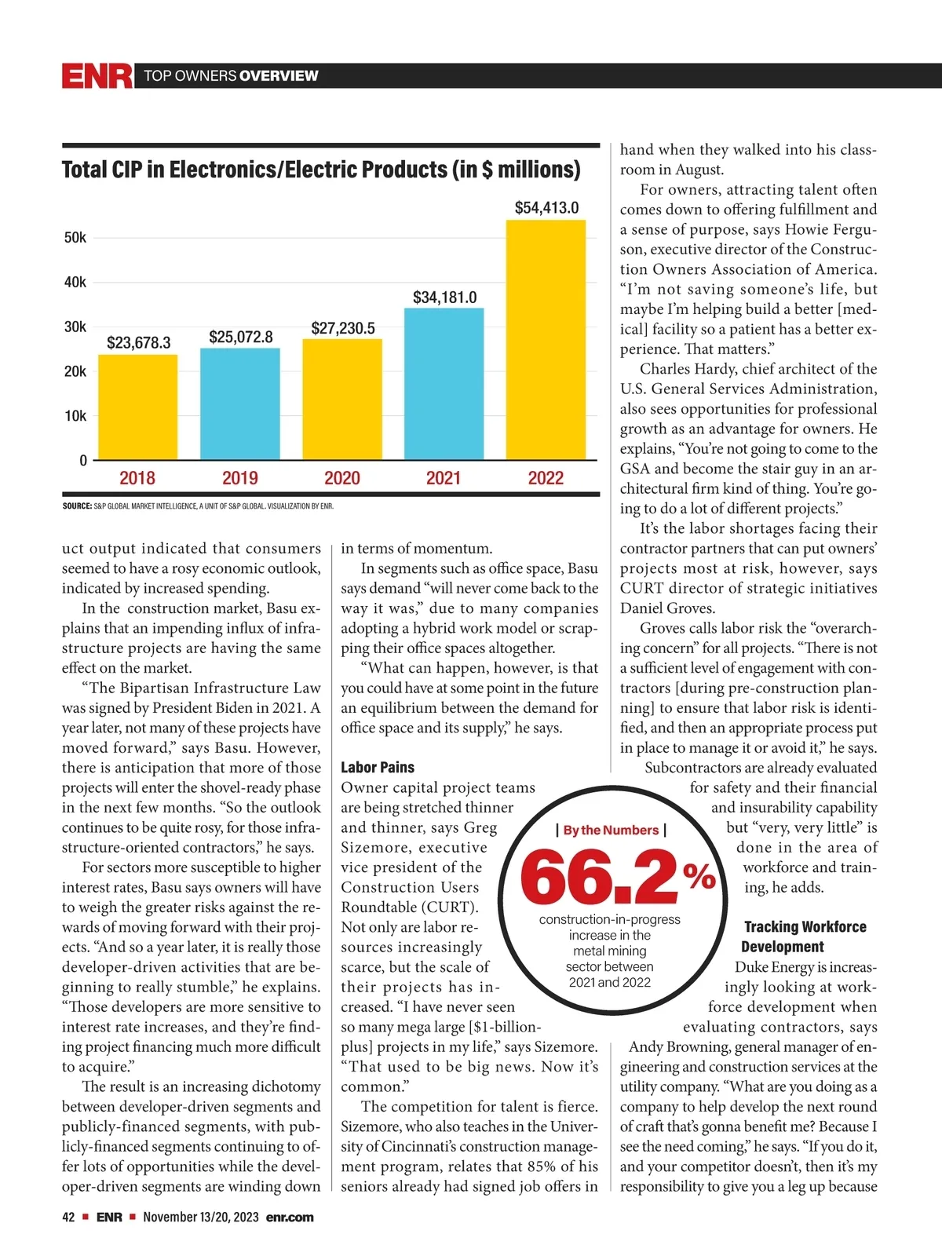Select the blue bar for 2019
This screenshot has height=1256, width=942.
click(x=239, y=403)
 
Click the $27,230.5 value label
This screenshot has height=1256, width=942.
click(x=343, y=328)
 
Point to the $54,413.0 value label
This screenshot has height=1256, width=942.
click(x=546, y=207)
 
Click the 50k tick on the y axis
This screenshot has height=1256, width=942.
click(x=75, y=237)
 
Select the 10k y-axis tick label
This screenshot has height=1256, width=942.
click(x=75, y=416)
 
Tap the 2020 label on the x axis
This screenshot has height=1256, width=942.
click(x=342, y=478)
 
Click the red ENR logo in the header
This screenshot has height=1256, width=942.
click(x=97, y=76)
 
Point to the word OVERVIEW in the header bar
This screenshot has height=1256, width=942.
click(x=279, y=76)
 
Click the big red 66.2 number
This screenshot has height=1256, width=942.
click(x=598, y=877)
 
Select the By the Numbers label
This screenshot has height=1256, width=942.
click(x=611, y=830)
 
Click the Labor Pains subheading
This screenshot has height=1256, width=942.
click(x=378, y=767)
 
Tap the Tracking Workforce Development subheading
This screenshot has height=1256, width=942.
click(x=804, y=937)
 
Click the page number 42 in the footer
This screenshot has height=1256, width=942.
click(x=68, y=1217)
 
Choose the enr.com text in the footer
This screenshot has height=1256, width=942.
click(x=290, y=1217)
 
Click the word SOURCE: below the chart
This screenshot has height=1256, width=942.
click(x=77, y=506)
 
